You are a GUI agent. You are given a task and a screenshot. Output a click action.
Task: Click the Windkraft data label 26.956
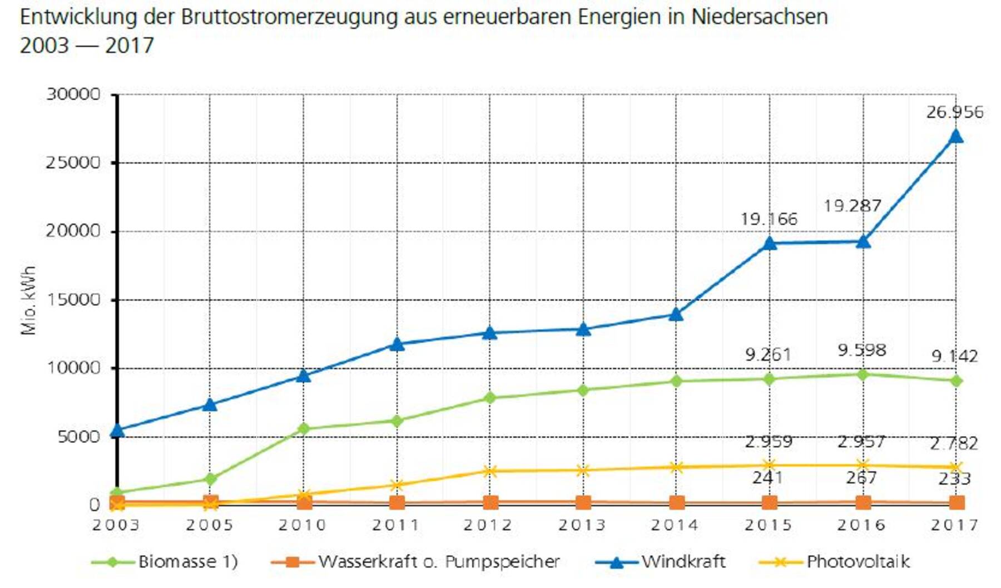click(x=954, y=112)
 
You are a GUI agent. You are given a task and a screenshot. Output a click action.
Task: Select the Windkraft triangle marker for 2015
click(x=770, y=243)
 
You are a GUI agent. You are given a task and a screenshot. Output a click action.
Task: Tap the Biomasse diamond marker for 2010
click(x=304, y=429)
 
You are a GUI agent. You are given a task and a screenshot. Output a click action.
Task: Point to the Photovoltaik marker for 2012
click(x=490, y=471)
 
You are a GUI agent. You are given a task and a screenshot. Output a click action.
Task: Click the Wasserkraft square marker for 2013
click(x=583, y=503)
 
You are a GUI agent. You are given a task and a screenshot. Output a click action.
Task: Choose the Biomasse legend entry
click(x=165, y=562)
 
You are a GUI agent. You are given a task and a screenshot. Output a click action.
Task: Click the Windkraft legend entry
click(x=660, y=562)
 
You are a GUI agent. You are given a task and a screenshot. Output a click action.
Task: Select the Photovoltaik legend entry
click(x=834, y=562)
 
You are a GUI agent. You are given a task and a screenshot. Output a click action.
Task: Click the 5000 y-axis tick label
click(x=78, y=437)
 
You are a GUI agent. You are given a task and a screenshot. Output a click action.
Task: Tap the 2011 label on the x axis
click(x=395, y=525)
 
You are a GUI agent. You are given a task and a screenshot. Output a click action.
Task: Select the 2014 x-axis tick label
click(x=675, y=525)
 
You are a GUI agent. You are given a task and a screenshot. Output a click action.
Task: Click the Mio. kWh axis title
click(x=29, y=300)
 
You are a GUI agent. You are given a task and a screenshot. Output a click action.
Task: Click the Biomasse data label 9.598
click(x=861, y=350)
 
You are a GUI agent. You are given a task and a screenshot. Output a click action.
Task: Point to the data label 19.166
click(x=769, y=219)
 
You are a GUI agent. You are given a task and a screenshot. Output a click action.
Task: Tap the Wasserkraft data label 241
click(x=767, y=477)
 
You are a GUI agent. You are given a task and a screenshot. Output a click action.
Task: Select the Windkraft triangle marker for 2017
click(x=955, y=136)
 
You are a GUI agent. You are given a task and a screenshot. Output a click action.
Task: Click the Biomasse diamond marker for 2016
click(x=863, y=375)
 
